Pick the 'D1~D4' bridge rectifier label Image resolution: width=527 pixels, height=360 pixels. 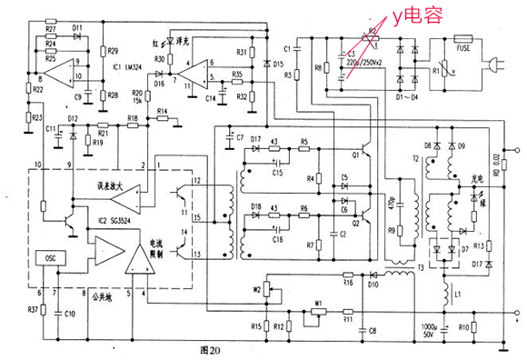408,94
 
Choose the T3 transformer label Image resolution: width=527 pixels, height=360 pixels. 420,266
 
